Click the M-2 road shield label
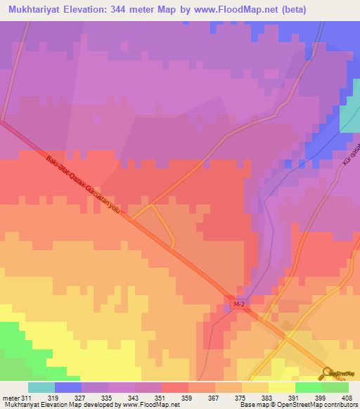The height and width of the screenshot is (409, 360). [239, 304]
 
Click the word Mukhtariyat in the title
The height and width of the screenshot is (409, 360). [39, 8]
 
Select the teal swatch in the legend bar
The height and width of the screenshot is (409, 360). [41, 387]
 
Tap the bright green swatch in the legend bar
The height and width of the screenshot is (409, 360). [308, 387]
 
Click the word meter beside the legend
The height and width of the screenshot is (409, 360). [12, 398]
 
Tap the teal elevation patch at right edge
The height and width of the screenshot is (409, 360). [350, 112]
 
